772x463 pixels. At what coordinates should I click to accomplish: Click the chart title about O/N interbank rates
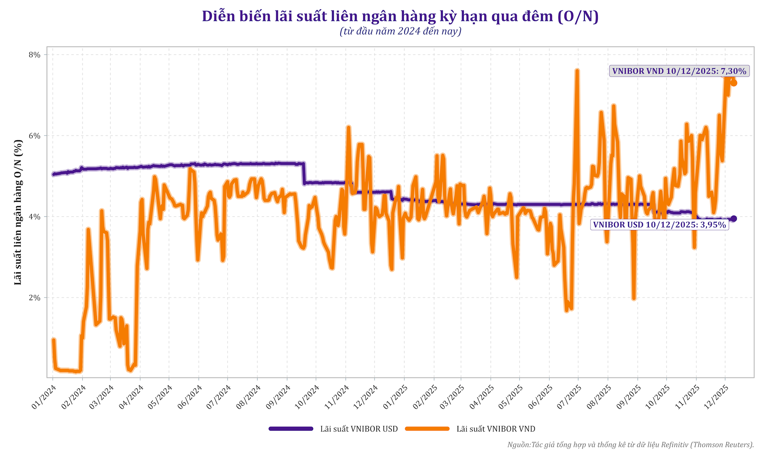400,16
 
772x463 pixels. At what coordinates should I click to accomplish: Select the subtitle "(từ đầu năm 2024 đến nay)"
400,31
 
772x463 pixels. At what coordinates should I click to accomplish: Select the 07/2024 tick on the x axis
220,397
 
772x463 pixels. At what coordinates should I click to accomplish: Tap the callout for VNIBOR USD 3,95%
659,225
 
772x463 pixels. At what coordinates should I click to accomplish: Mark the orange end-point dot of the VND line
734,83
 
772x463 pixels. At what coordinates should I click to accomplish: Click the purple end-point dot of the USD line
734,219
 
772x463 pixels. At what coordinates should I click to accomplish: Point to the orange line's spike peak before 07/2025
577,71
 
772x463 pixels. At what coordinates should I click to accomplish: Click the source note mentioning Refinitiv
630,445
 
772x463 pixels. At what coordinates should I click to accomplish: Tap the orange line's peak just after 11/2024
349,127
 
